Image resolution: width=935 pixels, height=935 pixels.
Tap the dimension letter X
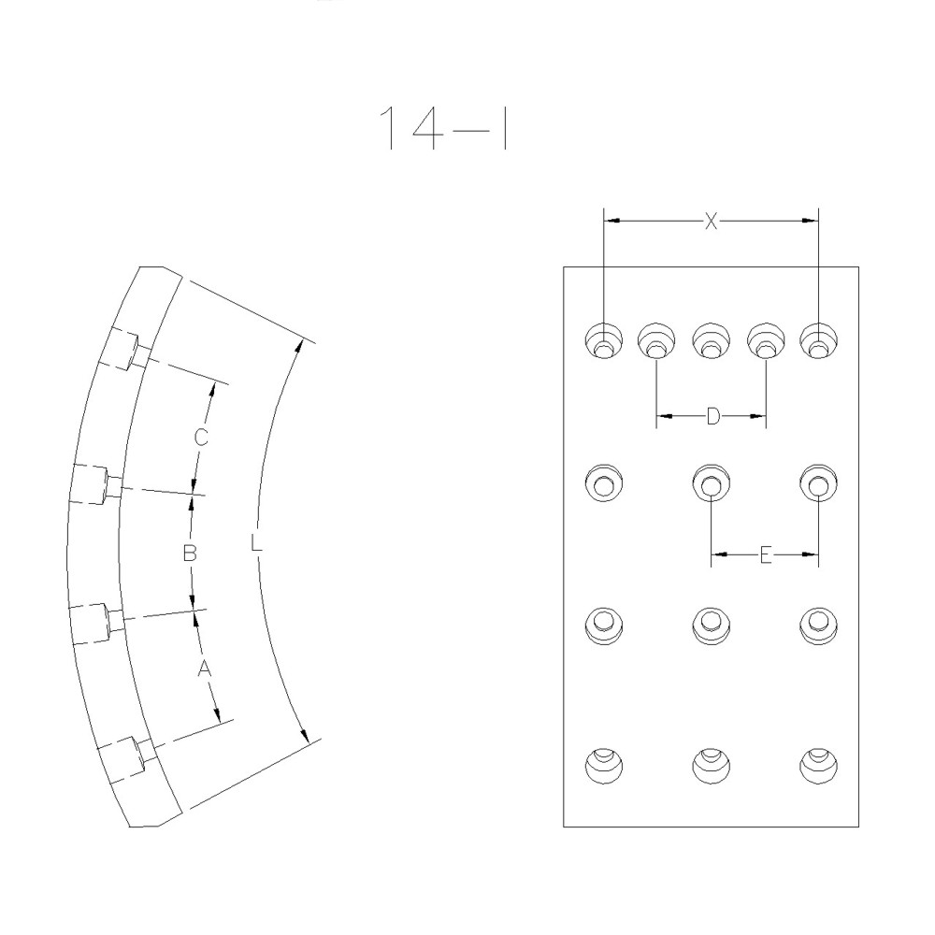[711, 222]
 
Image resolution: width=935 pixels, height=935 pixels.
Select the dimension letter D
[712, 416]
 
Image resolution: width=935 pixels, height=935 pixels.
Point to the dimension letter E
[765, 555]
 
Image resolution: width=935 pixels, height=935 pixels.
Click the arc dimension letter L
[256, 541]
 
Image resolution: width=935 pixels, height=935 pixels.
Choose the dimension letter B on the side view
[189, 554]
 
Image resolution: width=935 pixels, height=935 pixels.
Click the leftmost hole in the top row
[604, 340]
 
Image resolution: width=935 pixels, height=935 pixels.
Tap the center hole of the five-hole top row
[712, 340]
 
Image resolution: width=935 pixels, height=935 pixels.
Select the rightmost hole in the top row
[819, 340]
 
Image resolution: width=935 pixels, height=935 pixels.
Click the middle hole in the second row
[712, 483]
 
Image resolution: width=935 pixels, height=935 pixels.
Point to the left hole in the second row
[603, 483]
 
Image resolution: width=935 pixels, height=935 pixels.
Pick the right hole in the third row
[819, 624]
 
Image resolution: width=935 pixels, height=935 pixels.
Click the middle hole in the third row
[712, 624]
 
